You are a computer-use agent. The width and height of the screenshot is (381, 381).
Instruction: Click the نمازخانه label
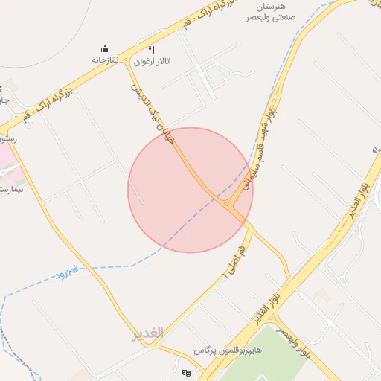[x=106, y=59]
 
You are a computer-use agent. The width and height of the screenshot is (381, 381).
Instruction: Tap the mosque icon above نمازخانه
[x=106, y=48]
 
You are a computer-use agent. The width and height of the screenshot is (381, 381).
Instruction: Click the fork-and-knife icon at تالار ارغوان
[x=152, y=51]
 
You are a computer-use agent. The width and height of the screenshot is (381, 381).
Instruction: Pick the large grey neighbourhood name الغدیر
[x=147, y=334]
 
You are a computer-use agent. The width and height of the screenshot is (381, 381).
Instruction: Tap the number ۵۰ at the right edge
[x=377, y=150]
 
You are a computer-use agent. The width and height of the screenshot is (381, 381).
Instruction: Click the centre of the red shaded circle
[x=190, y=190]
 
